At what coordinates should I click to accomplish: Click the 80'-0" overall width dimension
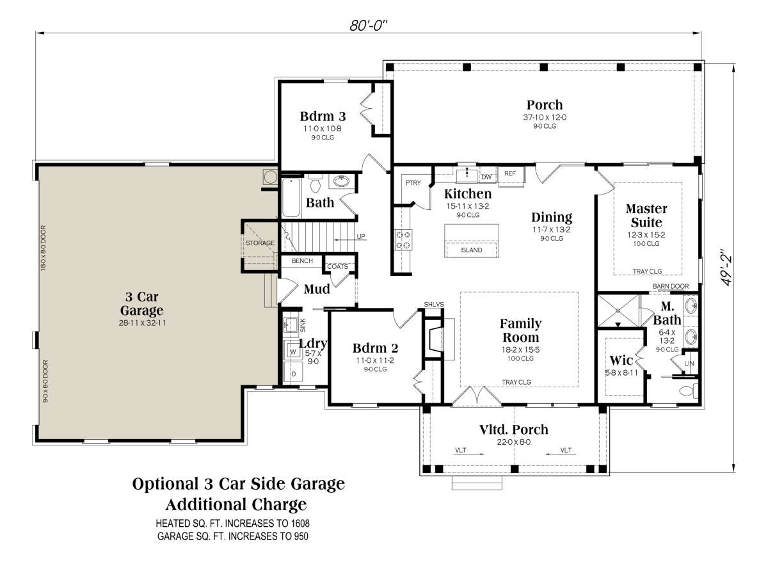point(369,26)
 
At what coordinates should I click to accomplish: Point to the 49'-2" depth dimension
point(726,267)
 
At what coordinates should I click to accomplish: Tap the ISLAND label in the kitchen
point(471,250)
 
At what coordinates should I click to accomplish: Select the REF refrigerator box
point(511,176)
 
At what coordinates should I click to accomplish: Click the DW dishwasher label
point(486,177)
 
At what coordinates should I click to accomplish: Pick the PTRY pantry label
point(413,183)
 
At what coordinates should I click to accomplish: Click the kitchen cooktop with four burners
point(403,239)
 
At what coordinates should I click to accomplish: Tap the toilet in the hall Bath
point(315,183)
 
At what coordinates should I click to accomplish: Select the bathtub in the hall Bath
point(291,198)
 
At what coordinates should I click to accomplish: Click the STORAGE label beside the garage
point(260,243)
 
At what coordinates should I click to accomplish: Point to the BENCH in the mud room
point(302,261)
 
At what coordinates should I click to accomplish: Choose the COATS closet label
point(337,266)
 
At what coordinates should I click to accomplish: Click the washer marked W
point(293,349)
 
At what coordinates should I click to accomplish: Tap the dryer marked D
point(294,373)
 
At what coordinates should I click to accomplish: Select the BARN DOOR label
point(670,286)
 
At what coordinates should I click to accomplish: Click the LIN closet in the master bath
point(689,363)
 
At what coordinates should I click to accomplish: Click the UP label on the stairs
point(361,237)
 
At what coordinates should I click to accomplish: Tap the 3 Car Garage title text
point(141,303)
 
